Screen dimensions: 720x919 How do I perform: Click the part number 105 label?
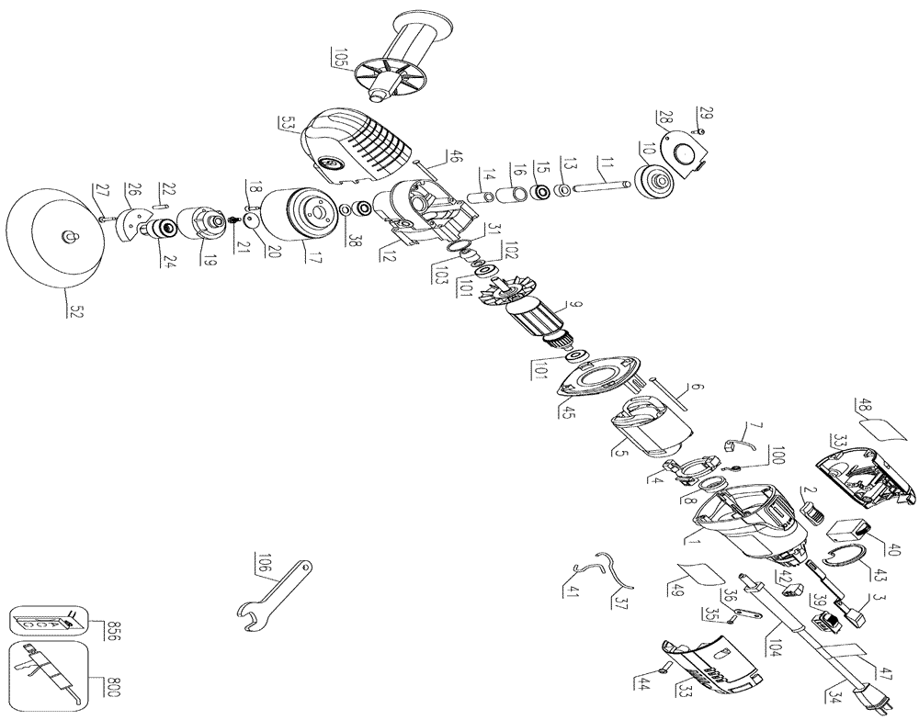[x=341, y=61]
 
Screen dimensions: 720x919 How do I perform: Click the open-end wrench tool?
[x=275, y=594]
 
